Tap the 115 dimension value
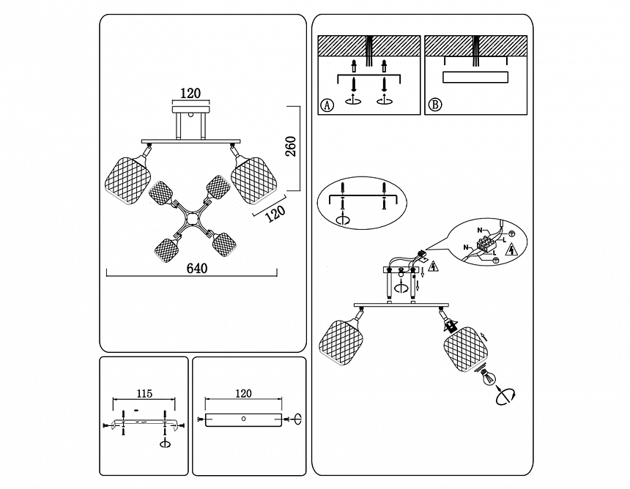tap(144, 394)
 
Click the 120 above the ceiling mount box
tap(190, 93)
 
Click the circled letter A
tap(327, 105)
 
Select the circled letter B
tap(435, 105)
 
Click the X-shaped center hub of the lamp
tap(191, 217)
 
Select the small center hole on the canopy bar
tap(244, 419)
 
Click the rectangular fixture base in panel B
tap(475, 78)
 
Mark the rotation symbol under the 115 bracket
tap(165, 443)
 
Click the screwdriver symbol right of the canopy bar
tap(297, 419)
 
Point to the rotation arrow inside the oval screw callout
tap(341, 219)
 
